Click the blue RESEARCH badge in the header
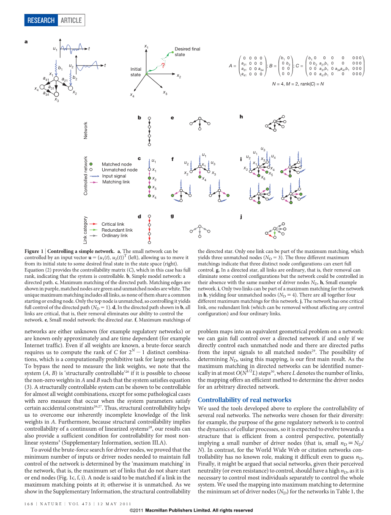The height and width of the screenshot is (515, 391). coord(41,20)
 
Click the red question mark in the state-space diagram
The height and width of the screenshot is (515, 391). coord(163,66)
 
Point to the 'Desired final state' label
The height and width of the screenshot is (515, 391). coord(187,52)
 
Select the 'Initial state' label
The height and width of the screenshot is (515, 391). coord(136,72)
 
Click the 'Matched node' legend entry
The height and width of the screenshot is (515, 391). coord(117,164)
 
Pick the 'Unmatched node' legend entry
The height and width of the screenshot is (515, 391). coord(120,170)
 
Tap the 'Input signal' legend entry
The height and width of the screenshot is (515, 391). coord(114,176)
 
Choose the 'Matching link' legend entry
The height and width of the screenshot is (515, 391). coord(116,182)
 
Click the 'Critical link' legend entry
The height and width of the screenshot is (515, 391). coord(112,224)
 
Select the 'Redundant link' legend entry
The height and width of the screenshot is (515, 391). coord(117,230)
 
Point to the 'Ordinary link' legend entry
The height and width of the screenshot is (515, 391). coord(114,235)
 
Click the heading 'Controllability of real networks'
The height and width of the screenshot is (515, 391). coord(244,400)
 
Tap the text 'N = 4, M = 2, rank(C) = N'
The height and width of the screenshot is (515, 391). coord(298,84)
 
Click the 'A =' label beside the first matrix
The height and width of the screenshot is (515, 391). coord(232,66)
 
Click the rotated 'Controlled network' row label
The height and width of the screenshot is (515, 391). coord(86,175)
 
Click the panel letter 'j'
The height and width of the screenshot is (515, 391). coord(241,216)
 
